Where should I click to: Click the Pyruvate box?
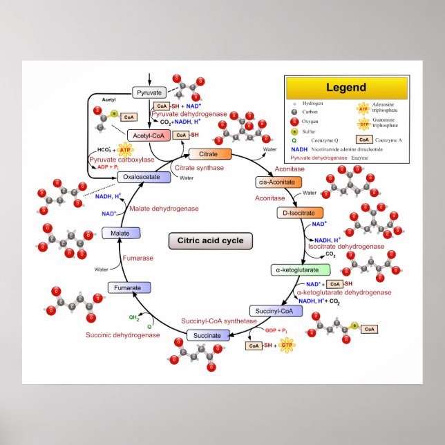coord(149,93)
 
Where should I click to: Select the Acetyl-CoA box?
coord(147,135)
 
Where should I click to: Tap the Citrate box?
coord(210,153)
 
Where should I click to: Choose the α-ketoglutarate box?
coord(295,269)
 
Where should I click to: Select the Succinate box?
coord(207,336)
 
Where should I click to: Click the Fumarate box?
coord(128,287)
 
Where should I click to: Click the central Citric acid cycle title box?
coord(211,241)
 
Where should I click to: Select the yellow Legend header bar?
coord(346,88)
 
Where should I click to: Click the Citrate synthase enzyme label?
coord(199,168)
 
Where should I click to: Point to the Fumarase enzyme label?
coord(138,258)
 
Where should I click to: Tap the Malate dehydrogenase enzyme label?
coord(164,208)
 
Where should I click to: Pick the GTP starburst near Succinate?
coord(286,345)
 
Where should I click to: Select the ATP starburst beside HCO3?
coord(124,149)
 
